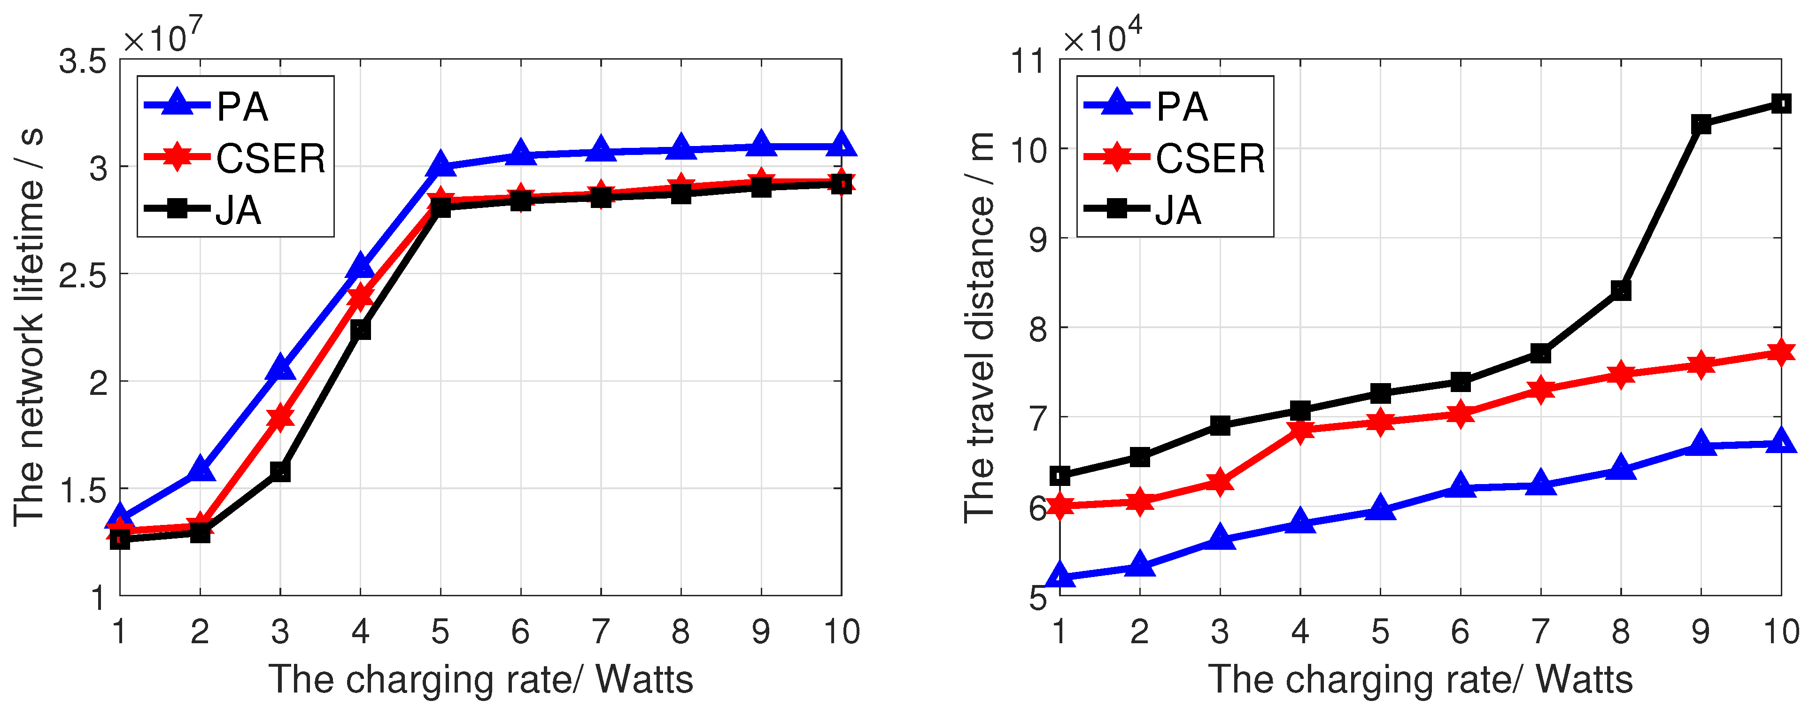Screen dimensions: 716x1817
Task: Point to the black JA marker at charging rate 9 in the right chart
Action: tap(1701, 124)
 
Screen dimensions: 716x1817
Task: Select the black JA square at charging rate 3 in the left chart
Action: tap(280, 471)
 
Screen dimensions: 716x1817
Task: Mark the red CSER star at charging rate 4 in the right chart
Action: tap(1300, 429)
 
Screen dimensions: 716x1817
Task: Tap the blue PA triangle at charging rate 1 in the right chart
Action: tap(1060, 577)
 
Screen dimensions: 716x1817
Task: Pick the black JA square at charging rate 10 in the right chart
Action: tap(1781, 104)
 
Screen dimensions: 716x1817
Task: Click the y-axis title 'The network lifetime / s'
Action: tap(29, 327)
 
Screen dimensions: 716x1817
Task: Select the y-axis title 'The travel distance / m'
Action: tap(979, 327)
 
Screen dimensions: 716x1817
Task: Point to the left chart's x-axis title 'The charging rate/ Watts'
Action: tap(481, 679)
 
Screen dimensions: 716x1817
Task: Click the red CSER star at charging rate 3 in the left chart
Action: tap(280, 417)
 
